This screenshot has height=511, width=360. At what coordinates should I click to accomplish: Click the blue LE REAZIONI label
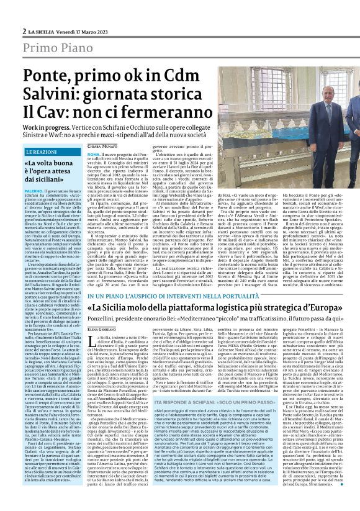[42, 151]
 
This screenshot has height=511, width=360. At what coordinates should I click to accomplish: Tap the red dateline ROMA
[94, 153]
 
